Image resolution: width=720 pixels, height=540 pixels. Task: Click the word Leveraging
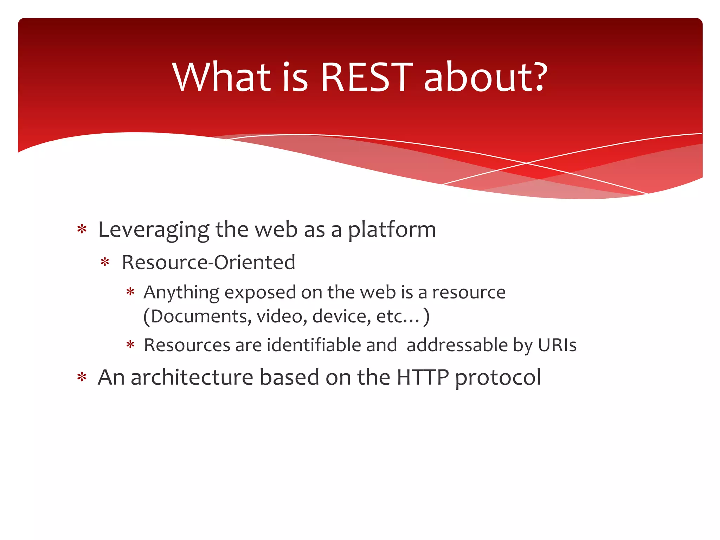pos(154,230)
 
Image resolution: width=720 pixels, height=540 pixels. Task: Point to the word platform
pos(392,230)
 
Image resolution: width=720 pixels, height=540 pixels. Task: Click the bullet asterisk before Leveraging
pos(82,230)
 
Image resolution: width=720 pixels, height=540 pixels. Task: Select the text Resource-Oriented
pos(208,262)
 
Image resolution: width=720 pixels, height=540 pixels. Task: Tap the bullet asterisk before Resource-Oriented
pos(105,263)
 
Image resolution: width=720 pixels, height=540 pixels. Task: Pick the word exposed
pos(260,292)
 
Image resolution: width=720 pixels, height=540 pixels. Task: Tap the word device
pos(341,316)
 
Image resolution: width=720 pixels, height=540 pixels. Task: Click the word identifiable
pos(314,345)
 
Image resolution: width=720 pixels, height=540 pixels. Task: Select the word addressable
pos(457,345)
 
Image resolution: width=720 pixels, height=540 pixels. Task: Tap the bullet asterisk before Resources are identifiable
pos(130,345)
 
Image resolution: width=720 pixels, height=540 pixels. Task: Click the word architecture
pos(192,378)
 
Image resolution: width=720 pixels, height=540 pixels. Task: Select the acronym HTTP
pos(423,378)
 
